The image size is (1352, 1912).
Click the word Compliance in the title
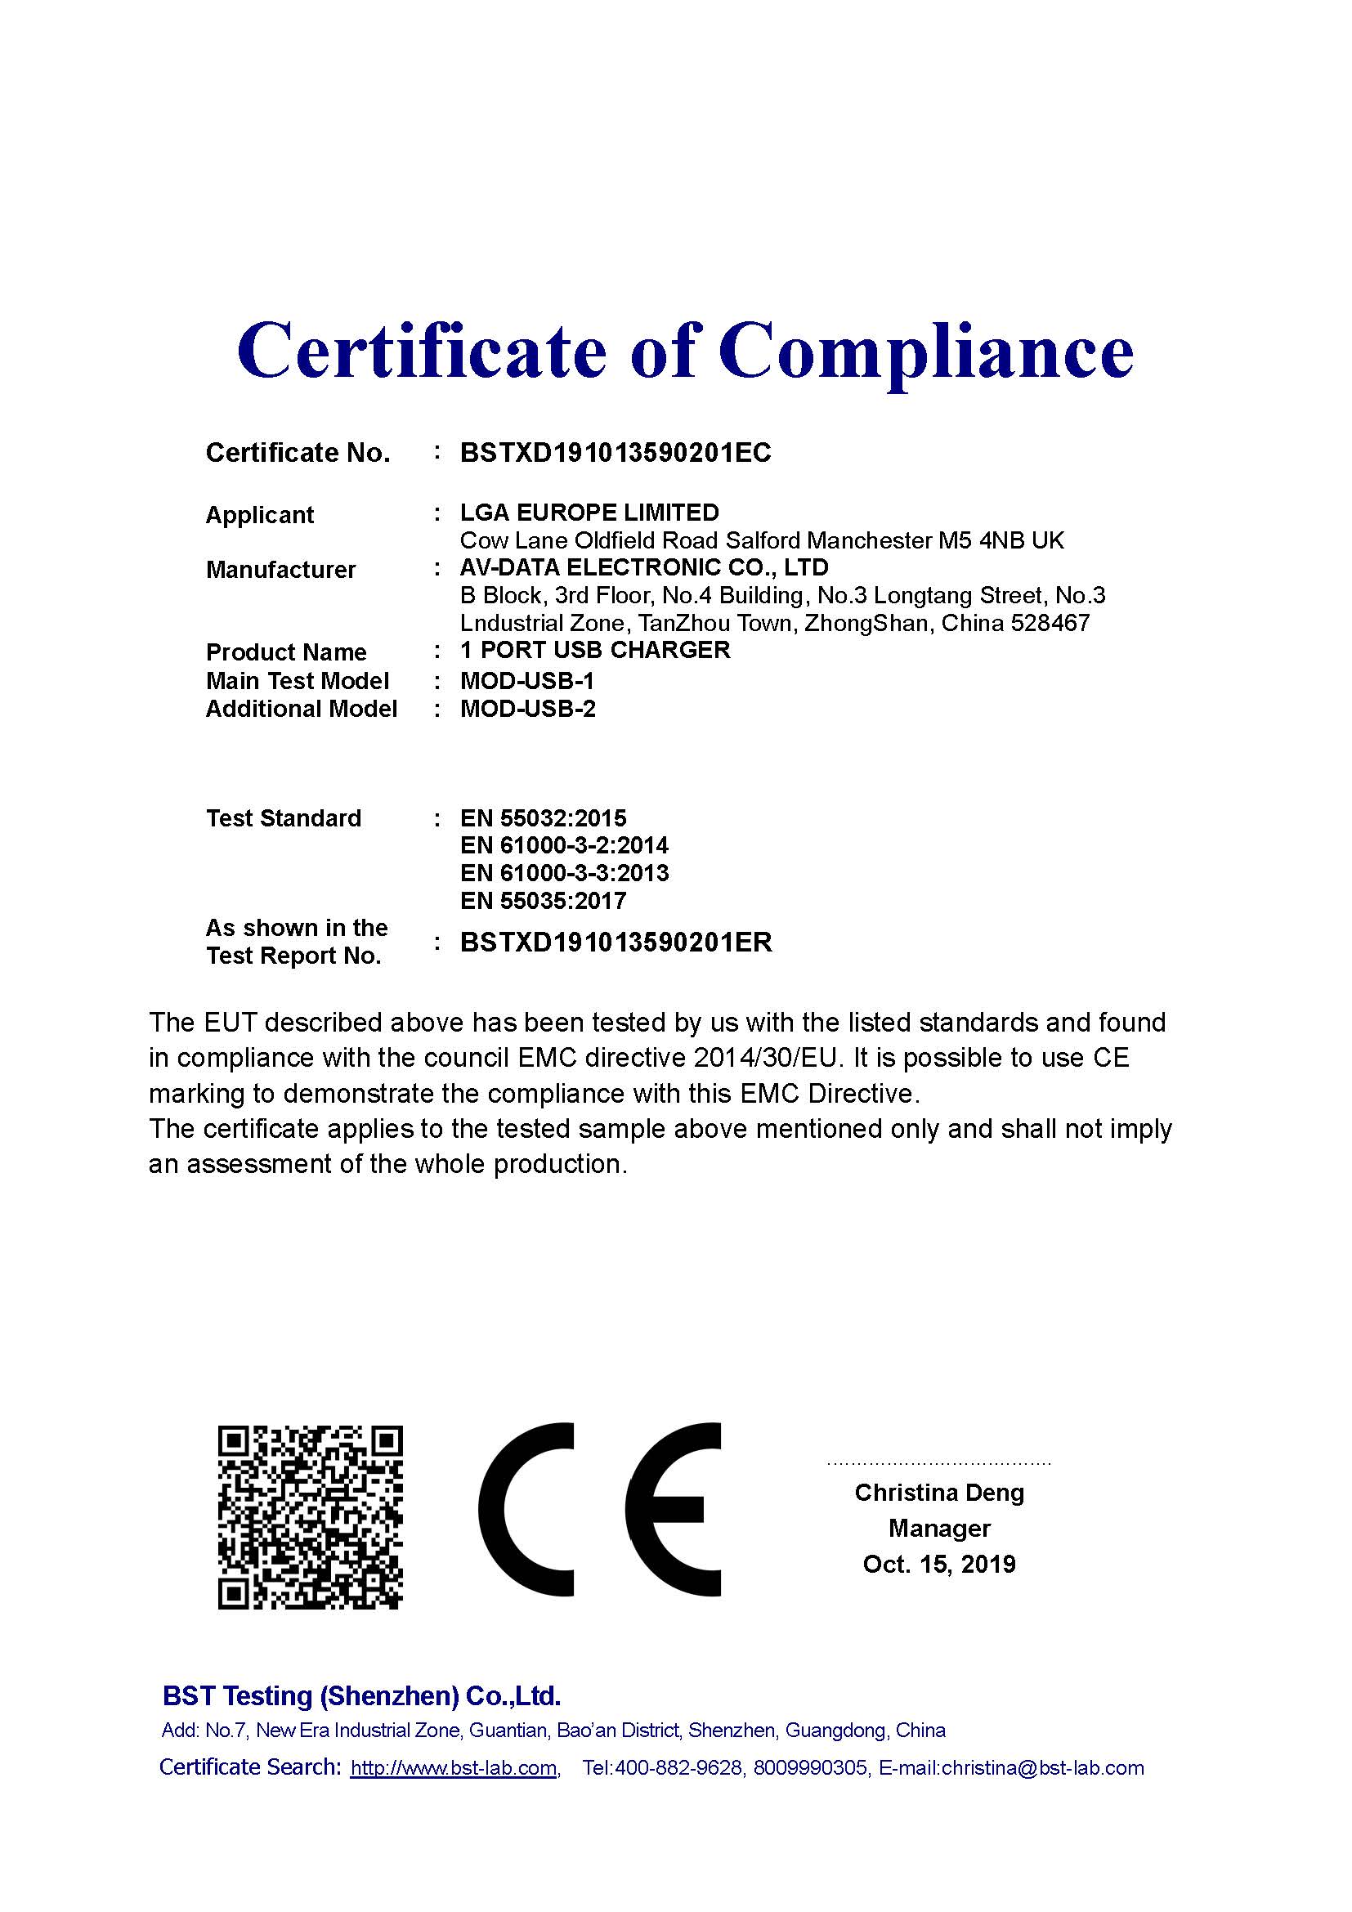(926, 352)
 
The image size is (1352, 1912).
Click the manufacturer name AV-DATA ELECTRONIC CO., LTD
(644, 568)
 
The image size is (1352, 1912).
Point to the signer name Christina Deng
(939, 1493)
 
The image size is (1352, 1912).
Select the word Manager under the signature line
(939, 1528)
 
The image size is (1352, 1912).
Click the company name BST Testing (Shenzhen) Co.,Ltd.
(361, 1695)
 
